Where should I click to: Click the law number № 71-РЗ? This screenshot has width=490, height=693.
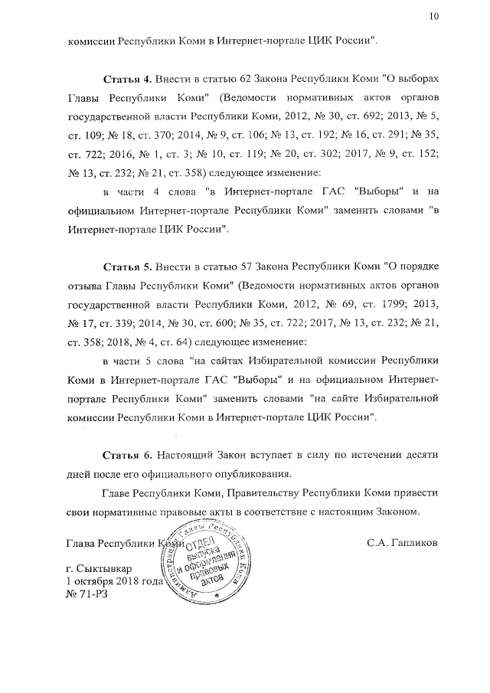[x=83, y=594]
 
